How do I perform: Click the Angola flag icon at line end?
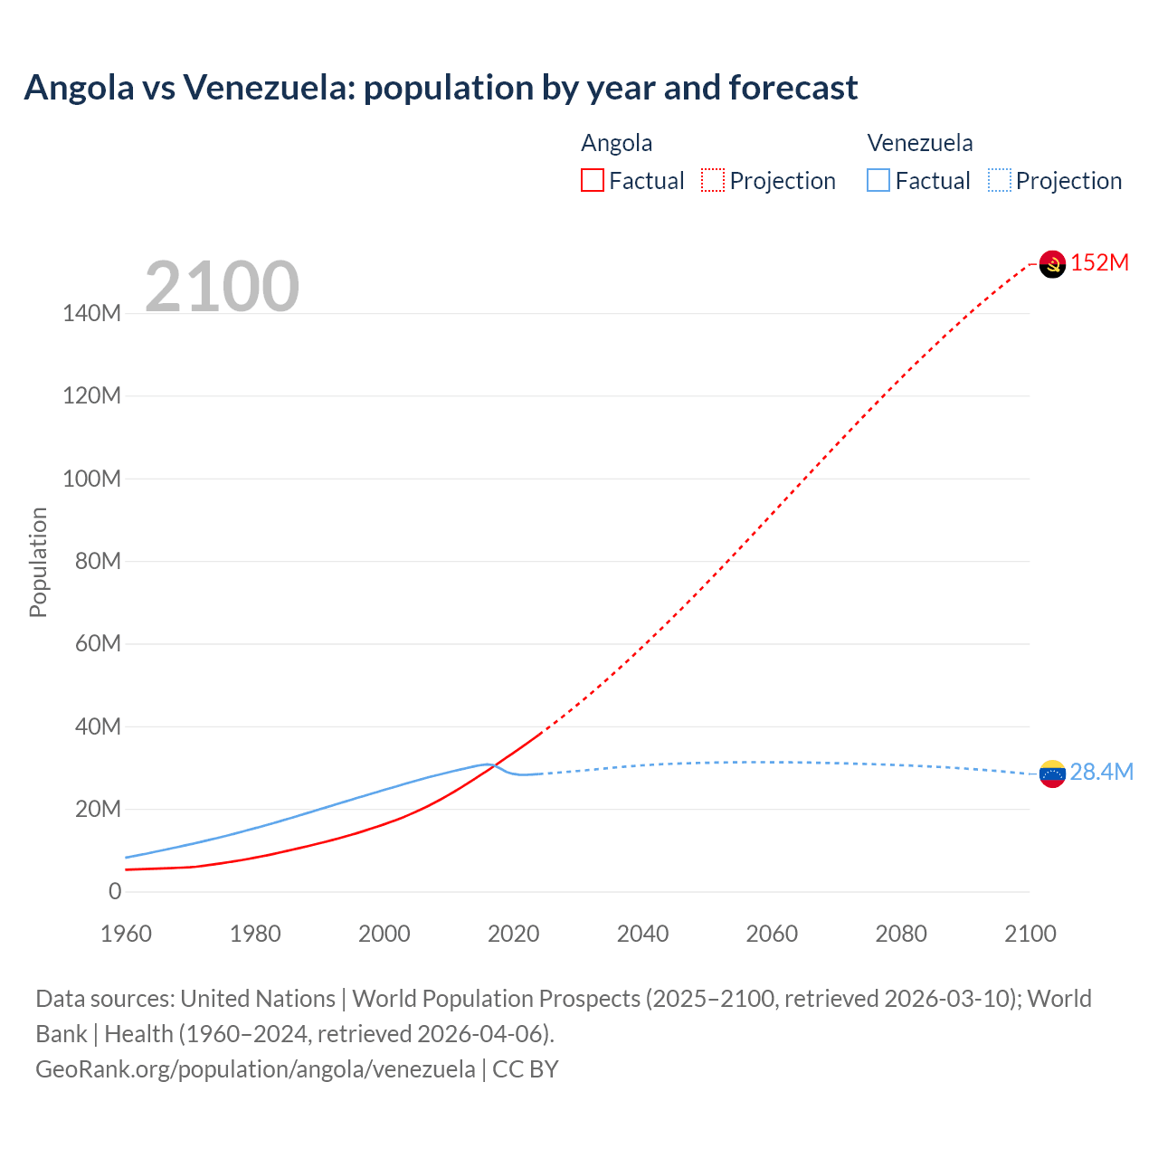(x=1052, y=264)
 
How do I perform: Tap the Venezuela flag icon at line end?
(x=1052, y=774)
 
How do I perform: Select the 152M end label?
(x=1099, y=263)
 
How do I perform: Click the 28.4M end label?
(x=1101, y=772)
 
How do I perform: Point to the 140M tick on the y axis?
(x=91, y=314)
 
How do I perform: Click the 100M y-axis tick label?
(x=91, y=479)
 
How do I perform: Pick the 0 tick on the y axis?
(x=115, y=891)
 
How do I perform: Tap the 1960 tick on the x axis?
(x=126, y=934)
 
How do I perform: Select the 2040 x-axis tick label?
(x=642, y=934)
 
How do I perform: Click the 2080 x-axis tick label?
(x=901, y=934)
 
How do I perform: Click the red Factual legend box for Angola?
(x=593, y=181)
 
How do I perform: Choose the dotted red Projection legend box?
(x=713, y=181)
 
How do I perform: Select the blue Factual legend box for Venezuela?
(x=878, y=181)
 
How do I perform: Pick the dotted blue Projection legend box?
(x=1000, y=181)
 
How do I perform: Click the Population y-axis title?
(x=38, y=562)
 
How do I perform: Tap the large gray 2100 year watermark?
(x=222, y=287)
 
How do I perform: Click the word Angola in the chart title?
(x=79, y=88)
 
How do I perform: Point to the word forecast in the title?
(x=793, y=88)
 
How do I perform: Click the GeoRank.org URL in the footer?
(x=255, y=1068)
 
